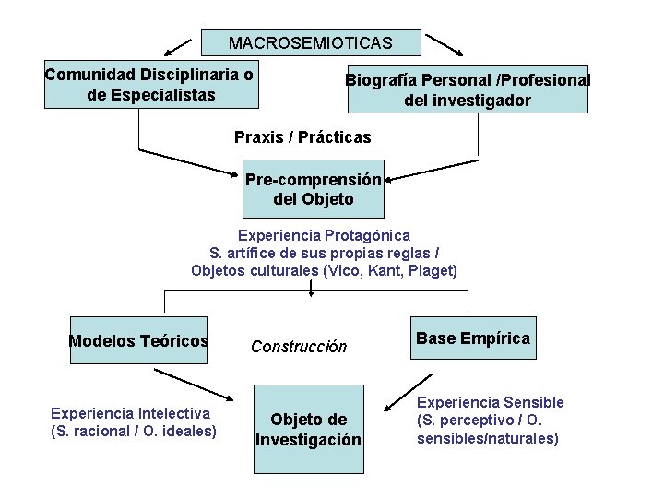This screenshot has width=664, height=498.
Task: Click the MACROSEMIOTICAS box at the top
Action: (x=311, y=43)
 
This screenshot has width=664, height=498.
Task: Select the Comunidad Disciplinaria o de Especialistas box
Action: (x=151, y=85)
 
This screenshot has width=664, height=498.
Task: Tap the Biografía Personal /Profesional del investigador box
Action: (x=468, y=89)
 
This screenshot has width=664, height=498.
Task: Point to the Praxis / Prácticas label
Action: (x=302, y=137)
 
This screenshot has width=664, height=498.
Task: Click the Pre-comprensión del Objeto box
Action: (x=313, y=189)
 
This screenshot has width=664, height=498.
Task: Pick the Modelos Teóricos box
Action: (x=138, y=341)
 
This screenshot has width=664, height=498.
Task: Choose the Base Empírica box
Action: (x=473, y=338)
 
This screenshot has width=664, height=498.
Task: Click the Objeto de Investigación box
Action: (x=309, y=430)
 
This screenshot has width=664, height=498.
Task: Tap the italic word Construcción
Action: (x=299, y=347)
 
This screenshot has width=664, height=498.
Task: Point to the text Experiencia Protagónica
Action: (x=324, y=235)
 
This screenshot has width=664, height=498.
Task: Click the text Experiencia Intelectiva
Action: (x=130, y=413)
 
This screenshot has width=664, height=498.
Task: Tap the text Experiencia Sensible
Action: (x=490, y=402)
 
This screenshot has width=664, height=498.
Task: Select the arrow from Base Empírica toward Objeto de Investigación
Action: (x=409, y=391)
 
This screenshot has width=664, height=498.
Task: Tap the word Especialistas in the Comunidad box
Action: (x=162, y=94)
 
